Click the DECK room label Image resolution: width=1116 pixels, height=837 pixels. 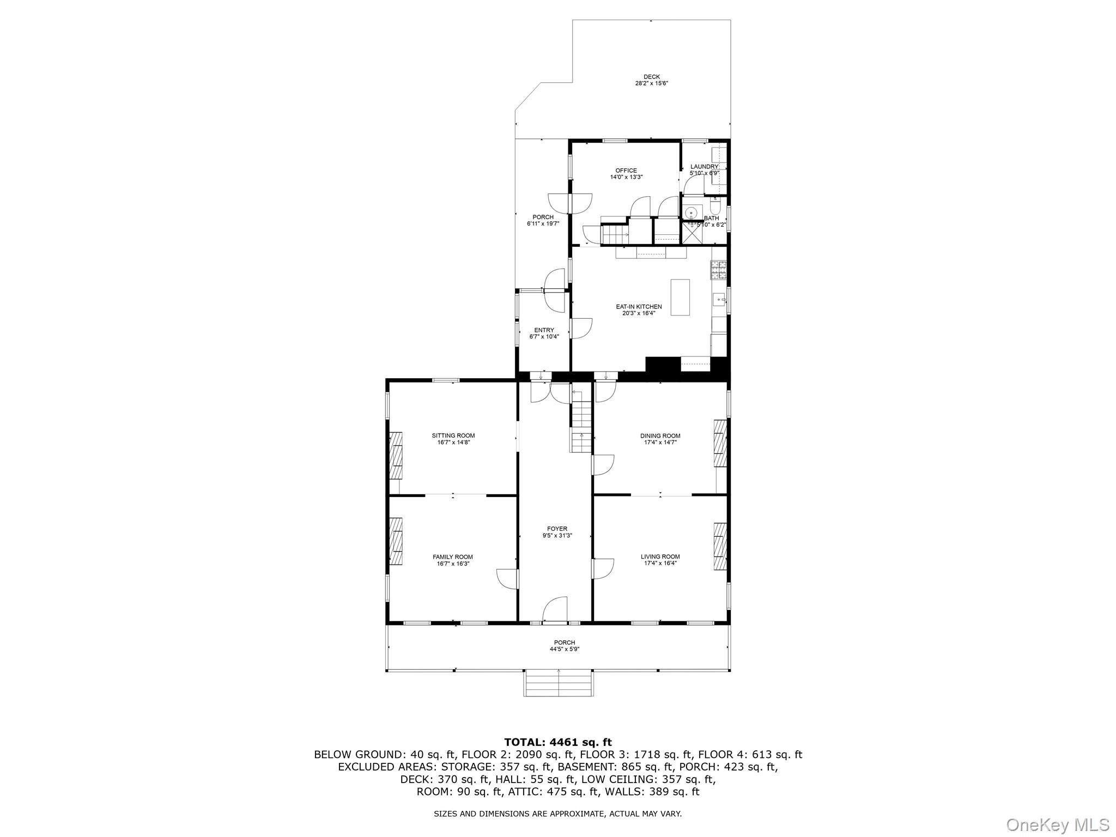click(x=651, y=77)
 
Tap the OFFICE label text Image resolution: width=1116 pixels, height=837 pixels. click(x=626, y=171)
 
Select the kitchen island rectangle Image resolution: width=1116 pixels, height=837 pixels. click(x=680, y=297)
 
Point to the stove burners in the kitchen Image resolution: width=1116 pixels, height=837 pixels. click(x=718, y=270)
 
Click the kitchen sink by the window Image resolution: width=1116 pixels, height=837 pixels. click(x=719, y=299)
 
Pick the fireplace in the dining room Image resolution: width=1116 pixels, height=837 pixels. click(x=720, y=443)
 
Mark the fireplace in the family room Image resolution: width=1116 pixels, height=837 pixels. click(x=396, y=541)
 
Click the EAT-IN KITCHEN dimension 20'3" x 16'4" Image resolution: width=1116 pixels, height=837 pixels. click(x=639, y=313)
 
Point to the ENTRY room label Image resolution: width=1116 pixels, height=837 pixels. click(x=544, y=330)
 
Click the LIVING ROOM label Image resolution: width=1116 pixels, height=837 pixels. click(x=660, y=557)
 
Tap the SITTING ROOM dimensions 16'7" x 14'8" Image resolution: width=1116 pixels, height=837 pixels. click(x=453, y=442)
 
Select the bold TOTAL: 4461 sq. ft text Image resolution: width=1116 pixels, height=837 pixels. click(x=557, y=742)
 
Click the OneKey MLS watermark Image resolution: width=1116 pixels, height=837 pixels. click(x=1057, y=824)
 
